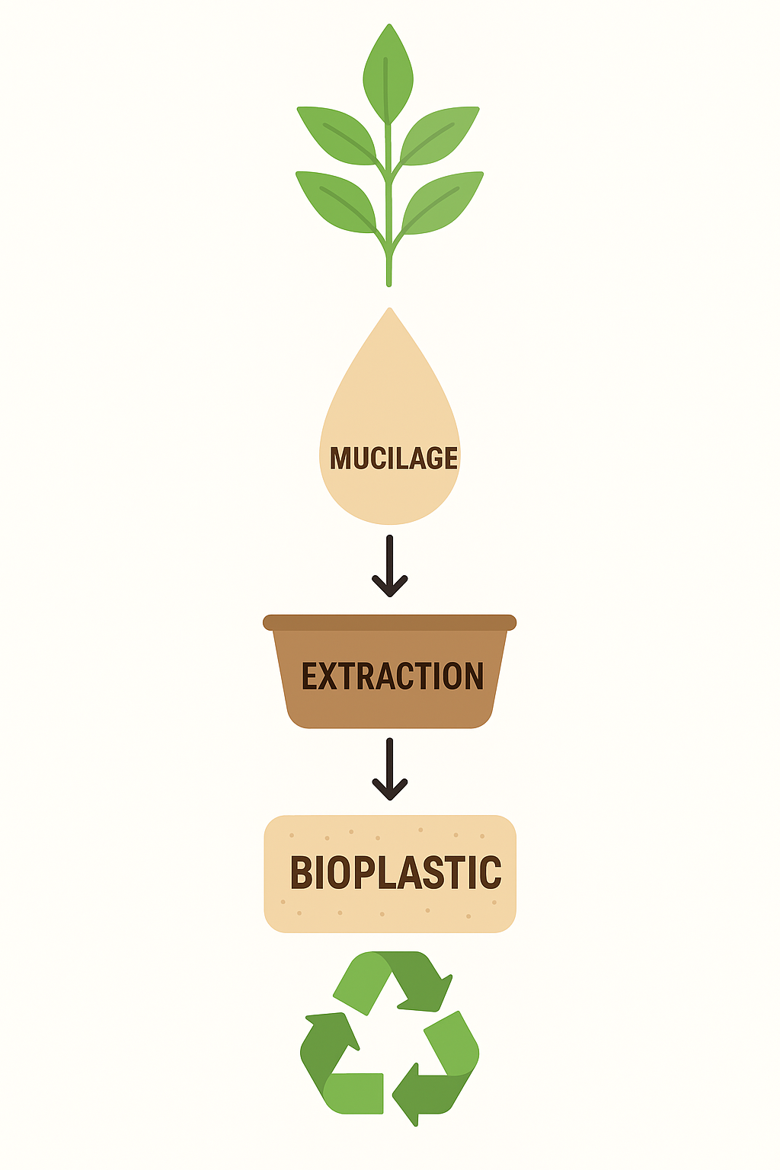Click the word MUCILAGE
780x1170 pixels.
(394, 459)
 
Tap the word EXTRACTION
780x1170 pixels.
(392, 676)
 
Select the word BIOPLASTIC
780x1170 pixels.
(395, 873)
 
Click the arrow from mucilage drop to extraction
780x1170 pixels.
(390, 567)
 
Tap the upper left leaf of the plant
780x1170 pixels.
(335, 136)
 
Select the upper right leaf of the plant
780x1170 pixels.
(440, 135)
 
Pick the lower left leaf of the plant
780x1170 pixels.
(335, 200)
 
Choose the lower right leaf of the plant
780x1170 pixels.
(443, 201)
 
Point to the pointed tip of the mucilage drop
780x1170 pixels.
(390, 311)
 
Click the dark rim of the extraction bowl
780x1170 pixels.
(390, 622)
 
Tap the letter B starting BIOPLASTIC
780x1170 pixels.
(302, 873)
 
